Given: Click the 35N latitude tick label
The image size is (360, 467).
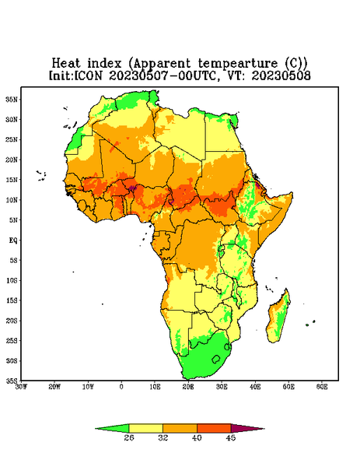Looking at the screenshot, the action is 12,99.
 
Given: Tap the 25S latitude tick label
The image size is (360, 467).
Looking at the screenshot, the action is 12,340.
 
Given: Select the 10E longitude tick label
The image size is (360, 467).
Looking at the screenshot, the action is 155,387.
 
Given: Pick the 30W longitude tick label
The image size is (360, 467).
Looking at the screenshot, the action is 21,387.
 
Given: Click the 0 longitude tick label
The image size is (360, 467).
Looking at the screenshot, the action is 121,387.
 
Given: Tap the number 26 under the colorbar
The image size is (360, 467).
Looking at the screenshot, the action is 129,437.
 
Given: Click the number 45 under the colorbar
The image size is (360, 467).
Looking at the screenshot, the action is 231,437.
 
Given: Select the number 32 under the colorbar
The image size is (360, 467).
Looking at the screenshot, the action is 163,437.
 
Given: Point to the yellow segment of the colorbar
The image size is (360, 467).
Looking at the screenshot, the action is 145,428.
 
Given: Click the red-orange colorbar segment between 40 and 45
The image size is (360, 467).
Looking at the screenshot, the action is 214,428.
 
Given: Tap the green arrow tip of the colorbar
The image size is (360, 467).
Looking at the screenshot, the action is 95,429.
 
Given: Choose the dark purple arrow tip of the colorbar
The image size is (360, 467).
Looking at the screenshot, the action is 264,429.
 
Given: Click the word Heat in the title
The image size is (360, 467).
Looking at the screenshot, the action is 66,64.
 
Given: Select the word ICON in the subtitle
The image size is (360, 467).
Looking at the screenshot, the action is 89,75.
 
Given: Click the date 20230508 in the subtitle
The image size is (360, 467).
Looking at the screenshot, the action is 281,75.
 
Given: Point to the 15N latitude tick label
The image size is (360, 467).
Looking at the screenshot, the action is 12,180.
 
